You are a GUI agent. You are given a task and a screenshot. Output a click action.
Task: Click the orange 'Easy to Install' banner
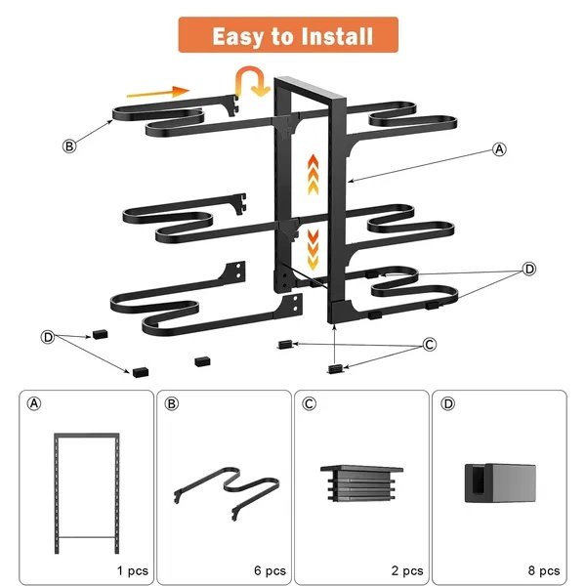tap(293, 37)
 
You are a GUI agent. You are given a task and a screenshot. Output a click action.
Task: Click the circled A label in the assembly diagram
tap(499, 149)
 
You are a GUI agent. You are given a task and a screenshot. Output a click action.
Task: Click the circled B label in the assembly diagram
tap(69, 146)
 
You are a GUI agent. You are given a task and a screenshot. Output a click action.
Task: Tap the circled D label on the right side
tap(528, 268)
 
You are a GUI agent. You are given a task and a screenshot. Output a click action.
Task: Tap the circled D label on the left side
tap(48, 336)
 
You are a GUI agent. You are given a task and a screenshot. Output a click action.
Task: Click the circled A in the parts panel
tap(35, 404)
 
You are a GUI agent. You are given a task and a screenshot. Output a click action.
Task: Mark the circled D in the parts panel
tap(447, 404)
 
